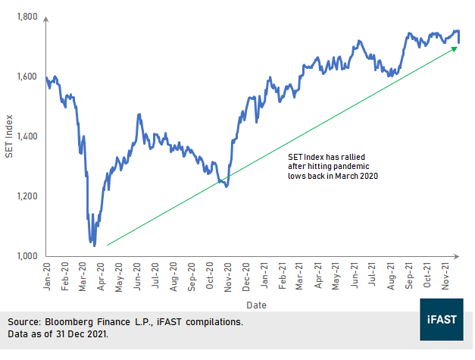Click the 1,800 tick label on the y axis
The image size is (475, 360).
(27, 16)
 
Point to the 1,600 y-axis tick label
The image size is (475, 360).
(27, 77)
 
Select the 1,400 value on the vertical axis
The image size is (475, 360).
(27, 136)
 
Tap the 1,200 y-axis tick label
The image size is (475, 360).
(27, 196)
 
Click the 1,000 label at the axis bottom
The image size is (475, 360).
(27, 256)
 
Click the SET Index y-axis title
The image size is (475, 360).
(10, 136)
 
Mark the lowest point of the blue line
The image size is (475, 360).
(94, 245)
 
